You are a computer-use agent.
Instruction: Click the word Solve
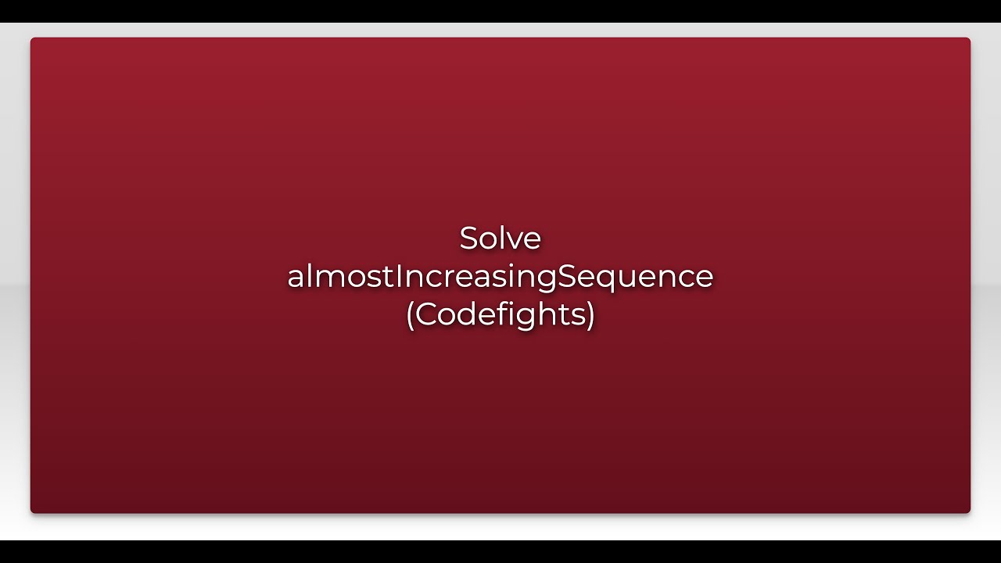pos(500,238)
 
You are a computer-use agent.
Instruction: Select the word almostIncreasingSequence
pos(500,277)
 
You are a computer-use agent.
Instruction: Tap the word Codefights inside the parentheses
pos(500,314)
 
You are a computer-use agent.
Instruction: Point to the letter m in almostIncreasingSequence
pos(324,278)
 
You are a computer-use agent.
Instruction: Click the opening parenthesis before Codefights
pos(410,314)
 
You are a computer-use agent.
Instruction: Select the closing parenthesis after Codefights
pos(591,314)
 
